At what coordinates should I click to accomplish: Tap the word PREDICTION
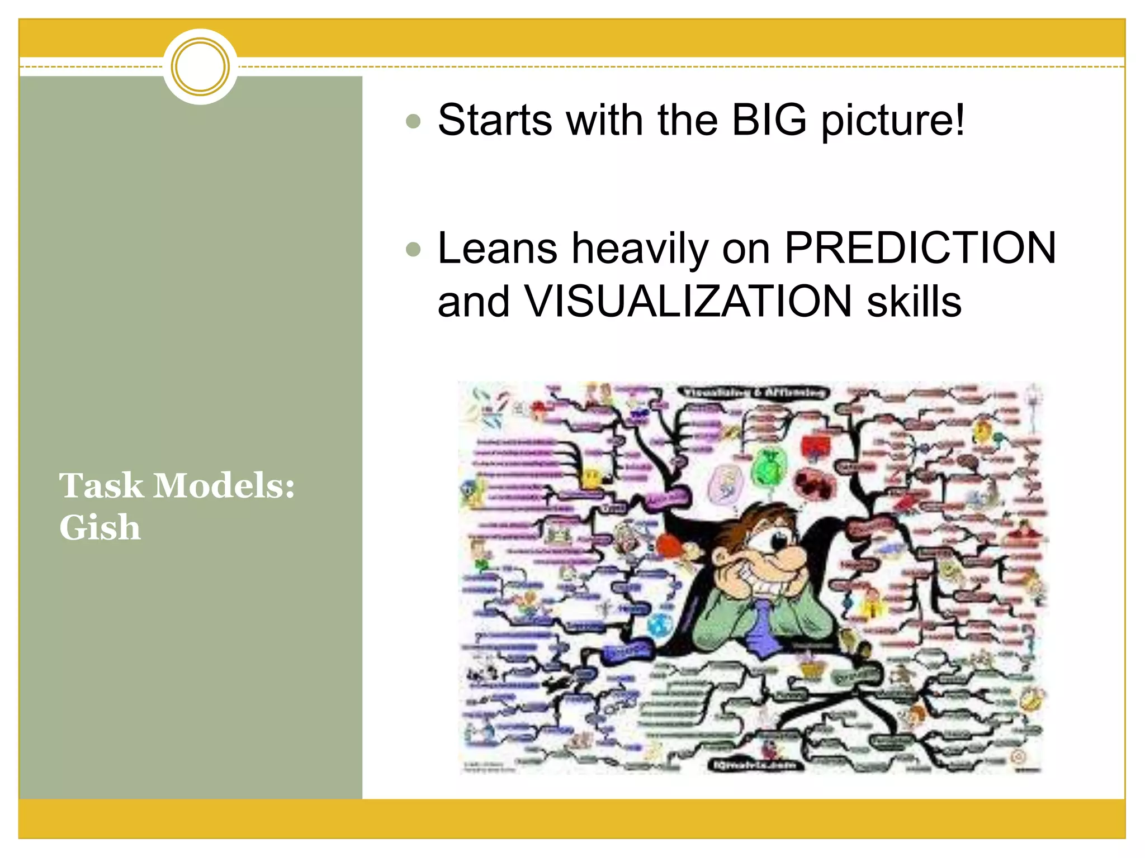[920, 248]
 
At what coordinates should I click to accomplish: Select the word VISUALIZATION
[688, 302]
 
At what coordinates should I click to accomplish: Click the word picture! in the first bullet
[893, 121]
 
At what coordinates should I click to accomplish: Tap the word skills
[914, 302]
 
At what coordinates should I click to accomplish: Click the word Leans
[497, 248]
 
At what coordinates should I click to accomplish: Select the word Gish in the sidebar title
[100, 527]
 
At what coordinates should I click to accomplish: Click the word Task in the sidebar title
[101, 485]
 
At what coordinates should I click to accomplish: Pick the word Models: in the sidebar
[224, 485]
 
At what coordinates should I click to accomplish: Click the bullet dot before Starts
[413, 121]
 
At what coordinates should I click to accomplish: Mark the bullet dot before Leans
[413, 249]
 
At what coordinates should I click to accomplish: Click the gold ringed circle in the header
[200, 66]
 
